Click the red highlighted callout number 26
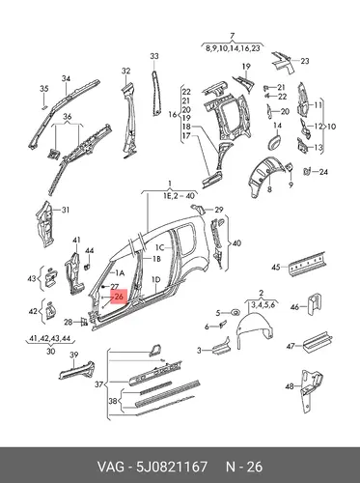(119, 297)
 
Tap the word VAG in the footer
(110, 467)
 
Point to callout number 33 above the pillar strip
(154, 56)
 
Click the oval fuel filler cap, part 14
(273, 142)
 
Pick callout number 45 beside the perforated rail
(276, 267)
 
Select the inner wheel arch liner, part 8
(264, 172)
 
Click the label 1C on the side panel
(160, 247)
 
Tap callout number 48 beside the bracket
(290, 385)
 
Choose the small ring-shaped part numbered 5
(235, 312)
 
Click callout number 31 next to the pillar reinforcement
(66, 211)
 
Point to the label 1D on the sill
(155, 279)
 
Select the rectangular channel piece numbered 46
(314, 304)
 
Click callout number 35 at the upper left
(44, 89)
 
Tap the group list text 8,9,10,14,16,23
(233, 48)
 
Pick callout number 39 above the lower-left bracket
(74, 355)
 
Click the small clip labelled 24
(307, 171)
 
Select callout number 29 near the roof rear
(219, 210)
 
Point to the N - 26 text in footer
(244, 467)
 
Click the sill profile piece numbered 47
(318, 341)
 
